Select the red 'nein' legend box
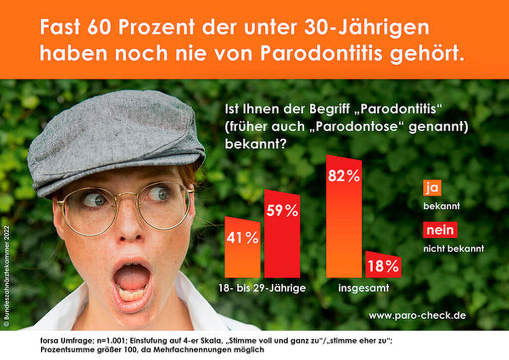pyautogui.click(x=439, y=231)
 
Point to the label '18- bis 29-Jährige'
pyautogui.click(x=262, y=288)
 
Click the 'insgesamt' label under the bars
pyautogui.click(x=363, y=288)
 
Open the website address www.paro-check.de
pyautogui.click(x=417, y=315)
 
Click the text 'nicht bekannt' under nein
pyautogui.click(x=453, y=248)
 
